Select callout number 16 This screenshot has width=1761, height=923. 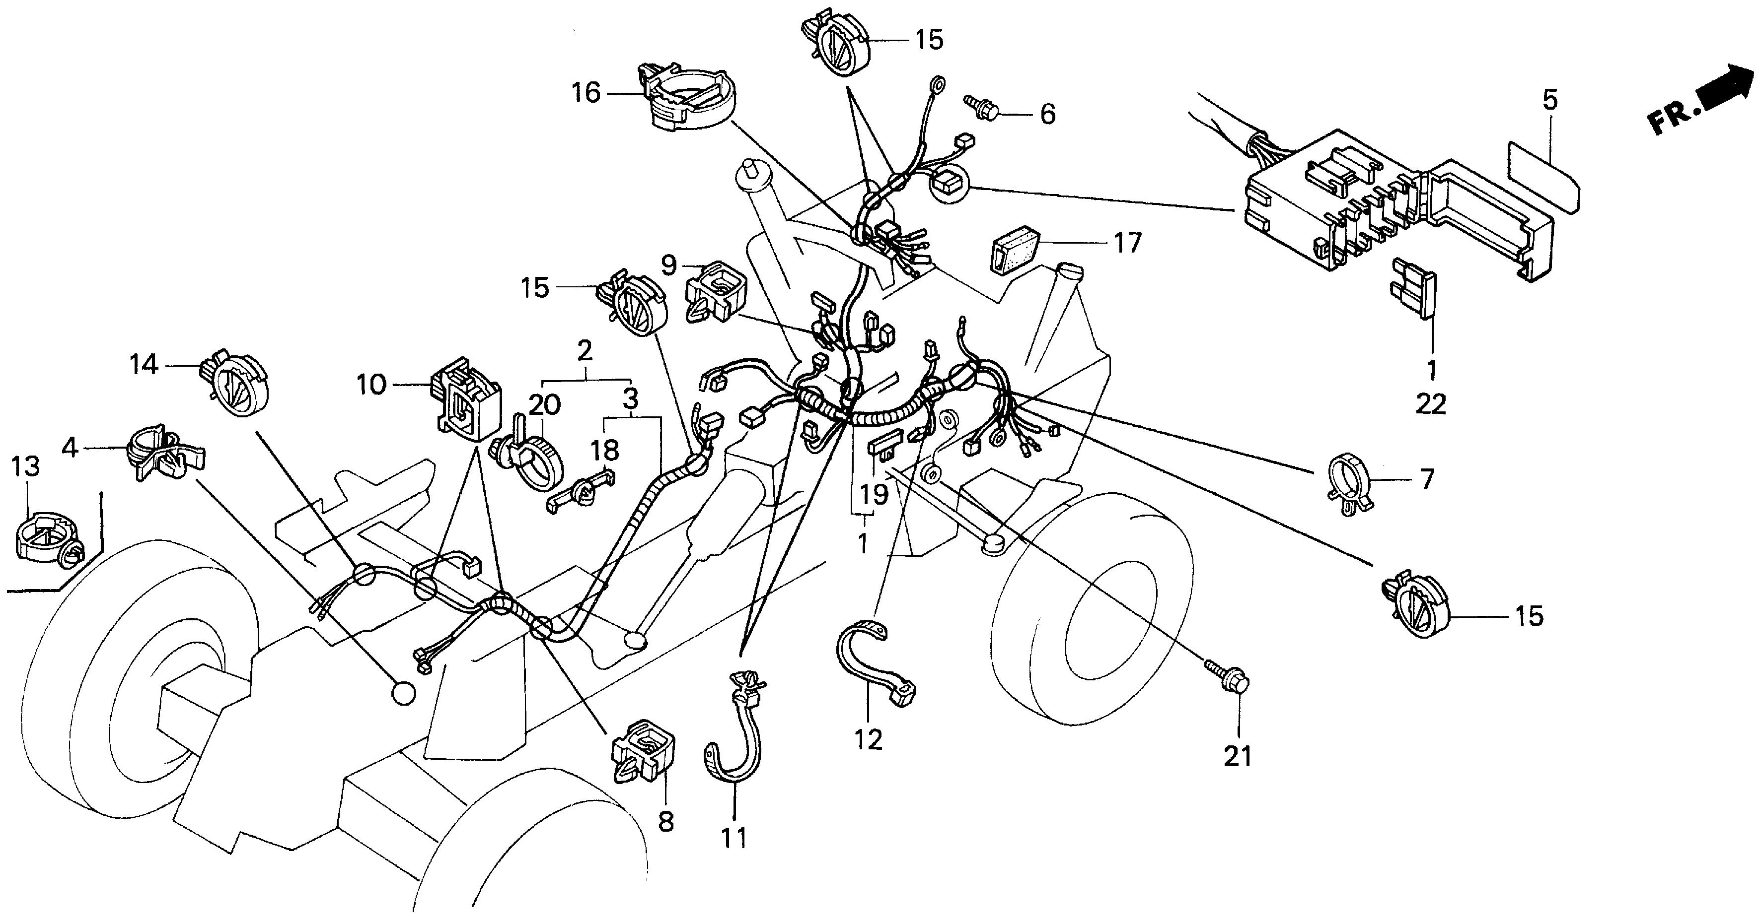point(586,92)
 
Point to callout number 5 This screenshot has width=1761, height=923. point(1550,100)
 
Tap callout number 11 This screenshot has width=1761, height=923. point(735,838)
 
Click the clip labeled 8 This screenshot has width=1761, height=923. point(641,751)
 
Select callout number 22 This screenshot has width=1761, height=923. point(1431,404)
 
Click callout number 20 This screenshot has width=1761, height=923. point(544,404)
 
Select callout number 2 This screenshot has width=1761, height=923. point(584,351)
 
